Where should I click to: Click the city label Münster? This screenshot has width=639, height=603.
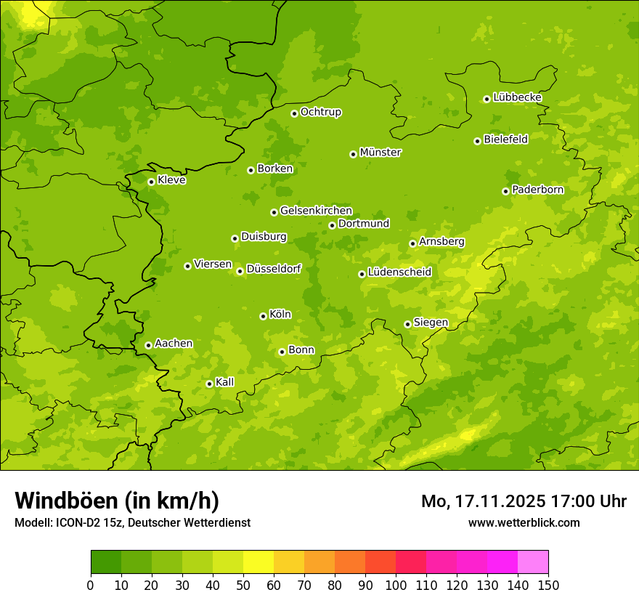click(380, 153)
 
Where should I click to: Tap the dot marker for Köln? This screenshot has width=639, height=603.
click(263, 316)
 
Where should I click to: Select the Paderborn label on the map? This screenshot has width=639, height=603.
click(538, 190)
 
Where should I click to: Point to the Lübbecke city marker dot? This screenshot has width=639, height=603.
click(487, 99)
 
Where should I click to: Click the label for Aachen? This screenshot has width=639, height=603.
click(174, 344)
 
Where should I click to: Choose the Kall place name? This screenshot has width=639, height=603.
click(225, 382)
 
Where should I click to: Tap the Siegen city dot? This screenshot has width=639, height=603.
click(407, 324)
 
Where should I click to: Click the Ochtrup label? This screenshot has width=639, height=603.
click(321, 112)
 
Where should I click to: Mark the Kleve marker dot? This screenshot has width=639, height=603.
click(151, 182)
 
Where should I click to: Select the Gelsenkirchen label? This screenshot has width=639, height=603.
click(316, 211)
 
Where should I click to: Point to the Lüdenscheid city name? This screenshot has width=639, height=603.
click(399, 272)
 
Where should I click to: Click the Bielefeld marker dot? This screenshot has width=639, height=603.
click(477, 141)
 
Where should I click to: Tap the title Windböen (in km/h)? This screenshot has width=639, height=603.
click(117, 501)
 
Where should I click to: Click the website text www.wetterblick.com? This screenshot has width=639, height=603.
click(524, 522)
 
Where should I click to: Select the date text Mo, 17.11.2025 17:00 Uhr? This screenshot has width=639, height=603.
click(524, 501)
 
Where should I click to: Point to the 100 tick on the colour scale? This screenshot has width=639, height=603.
click(396, 585)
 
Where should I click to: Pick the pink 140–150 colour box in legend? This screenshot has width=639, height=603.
click(533, 562)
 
